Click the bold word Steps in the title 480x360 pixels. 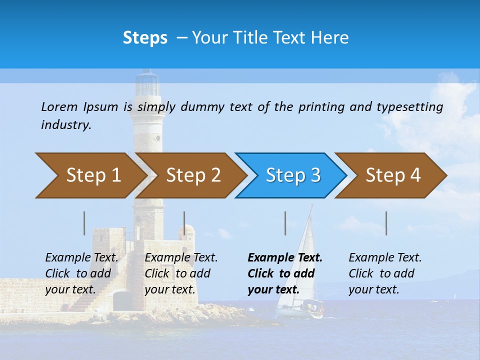[145, 38]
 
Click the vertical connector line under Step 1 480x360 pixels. [84, 223]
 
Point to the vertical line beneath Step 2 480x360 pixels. [184, 223]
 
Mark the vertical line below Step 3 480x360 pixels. [285, 223]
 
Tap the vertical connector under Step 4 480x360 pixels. [386, 223]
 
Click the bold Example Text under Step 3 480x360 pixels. [285, 258]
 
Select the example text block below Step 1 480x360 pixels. [81, 273]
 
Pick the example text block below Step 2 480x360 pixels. [181, 273]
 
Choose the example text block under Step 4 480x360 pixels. [385, 273]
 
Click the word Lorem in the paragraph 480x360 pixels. [59, 106]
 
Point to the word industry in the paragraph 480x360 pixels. [65, 125]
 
